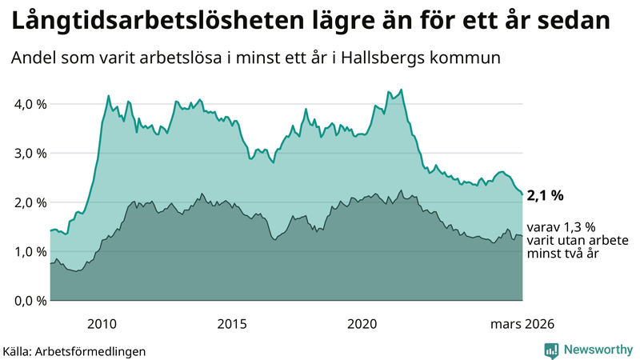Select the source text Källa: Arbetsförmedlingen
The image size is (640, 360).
coord(74,350)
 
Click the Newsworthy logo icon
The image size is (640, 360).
coord(551,350)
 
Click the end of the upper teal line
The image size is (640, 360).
coord(522,194)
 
